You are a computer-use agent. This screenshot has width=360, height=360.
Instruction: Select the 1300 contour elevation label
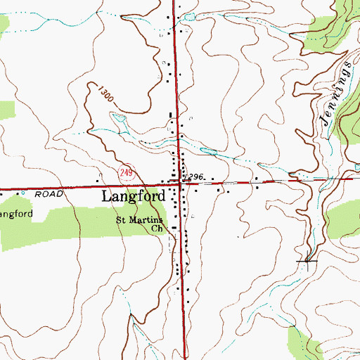click(105, 92)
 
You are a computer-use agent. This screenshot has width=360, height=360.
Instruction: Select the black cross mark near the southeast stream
click(307, 262)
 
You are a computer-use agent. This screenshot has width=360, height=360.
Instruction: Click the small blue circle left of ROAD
click(22, 192)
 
